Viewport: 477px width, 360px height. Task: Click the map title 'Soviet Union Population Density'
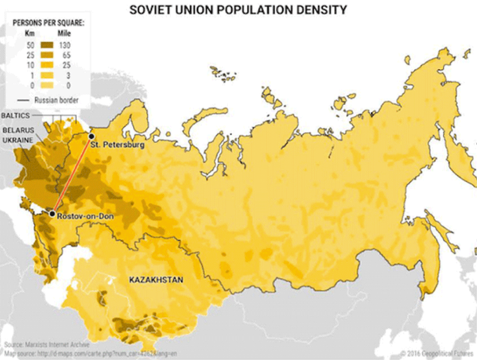pos(238,10)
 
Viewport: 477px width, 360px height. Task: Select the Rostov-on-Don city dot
pos(52,213)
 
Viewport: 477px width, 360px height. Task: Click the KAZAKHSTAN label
pos(157,280)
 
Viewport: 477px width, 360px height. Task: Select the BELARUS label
pos(17,128)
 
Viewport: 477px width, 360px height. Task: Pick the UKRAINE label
pos(17,139)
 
